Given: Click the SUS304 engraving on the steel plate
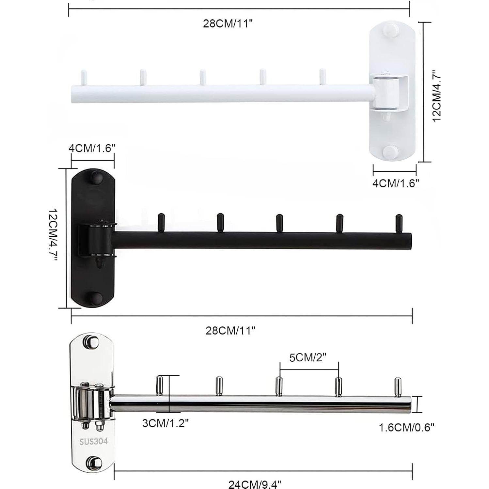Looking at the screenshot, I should click(93, 441).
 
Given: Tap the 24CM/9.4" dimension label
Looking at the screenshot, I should click(254, 484).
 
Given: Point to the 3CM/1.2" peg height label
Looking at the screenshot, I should click(166, 423).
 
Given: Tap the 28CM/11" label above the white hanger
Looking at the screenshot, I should click(228, 24).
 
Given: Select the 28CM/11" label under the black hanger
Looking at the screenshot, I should click(230, 331).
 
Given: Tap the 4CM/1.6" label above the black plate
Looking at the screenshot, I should click(92, 148).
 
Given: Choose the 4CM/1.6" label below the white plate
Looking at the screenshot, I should click(396, 183).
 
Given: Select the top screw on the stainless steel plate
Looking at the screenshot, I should click(93, 342).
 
